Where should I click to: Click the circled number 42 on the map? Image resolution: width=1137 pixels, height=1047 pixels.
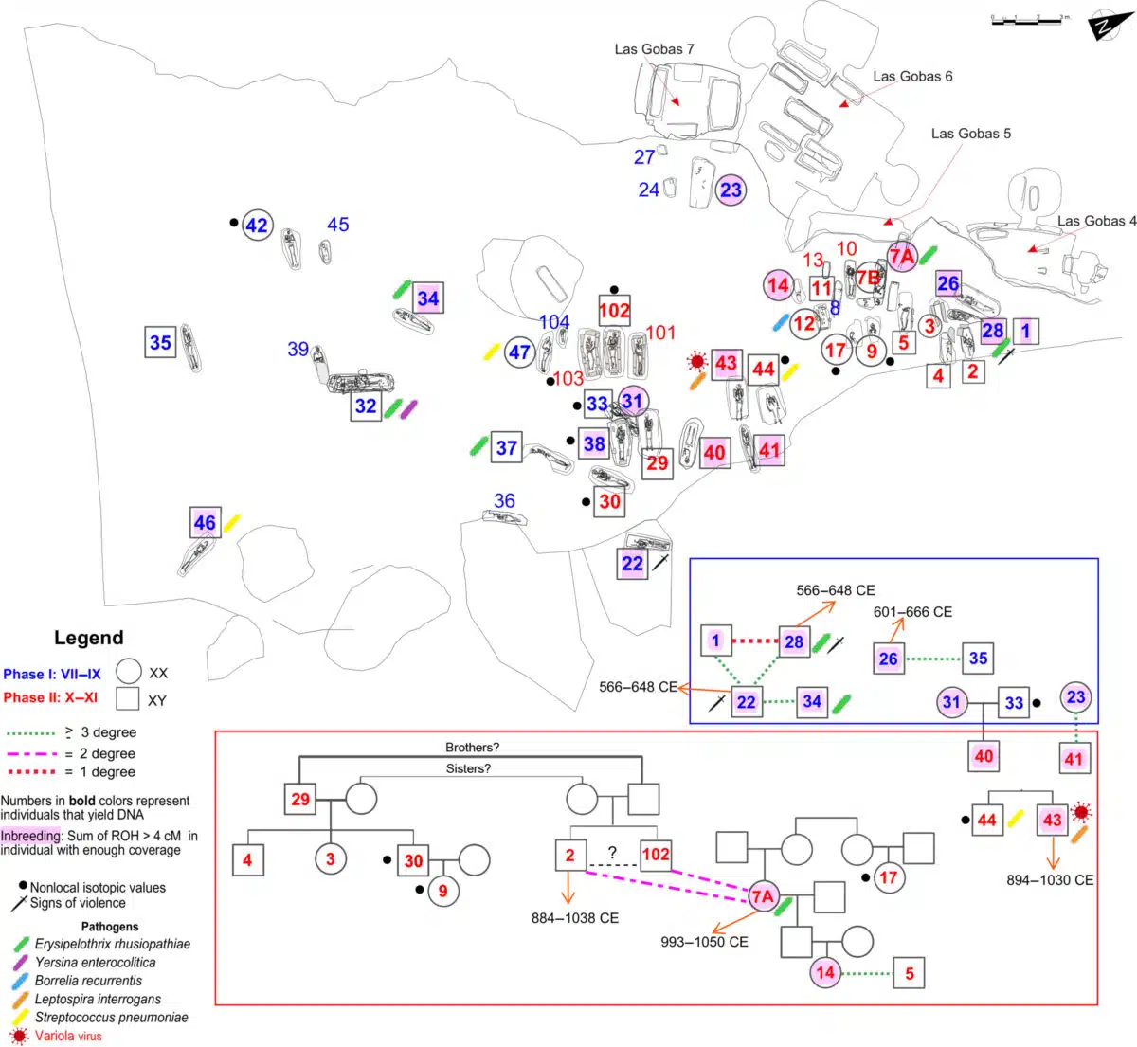click(257, 226)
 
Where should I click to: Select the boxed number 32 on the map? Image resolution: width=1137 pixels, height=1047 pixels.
click(366, 406)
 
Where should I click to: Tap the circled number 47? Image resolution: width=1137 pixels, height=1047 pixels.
click(519, 353)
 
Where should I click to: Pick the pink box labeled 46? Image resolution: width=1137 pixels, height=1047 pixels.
click(205, 522)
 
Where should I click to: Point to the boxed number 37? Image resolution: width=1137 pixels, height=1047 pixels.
click(507, 447)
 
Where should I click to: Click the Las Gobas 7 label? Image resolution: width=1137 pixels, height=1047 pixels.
click(654, 49)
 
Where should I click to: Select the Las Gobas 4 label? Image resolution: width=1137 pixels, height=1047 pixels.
click(1096, 221)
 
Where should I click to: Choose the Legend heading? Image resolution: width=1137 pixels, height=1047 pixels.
click(88, 638)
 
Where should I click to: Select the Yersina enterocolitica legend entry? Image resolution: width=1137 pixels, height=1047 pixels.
click(95, 962)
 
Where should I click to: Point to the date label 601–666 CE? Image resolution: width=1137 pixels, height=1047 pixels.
click(912, 612)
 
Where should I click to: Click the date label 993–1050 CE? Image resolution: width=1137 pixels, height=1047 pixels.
click(704, 942)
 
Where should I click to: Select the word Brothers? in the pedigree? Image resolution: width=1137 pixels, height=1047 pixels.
click(472, 748)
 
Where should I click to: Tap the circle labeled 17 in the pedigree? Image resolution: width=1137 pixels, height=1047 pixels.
click(888, 877)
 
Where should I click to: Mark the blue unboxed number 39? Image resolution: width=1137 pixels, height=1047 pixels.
click(298, 350)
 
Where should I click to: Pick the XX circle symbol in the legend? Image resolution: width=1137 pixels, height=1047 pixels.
click(129, 673)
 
